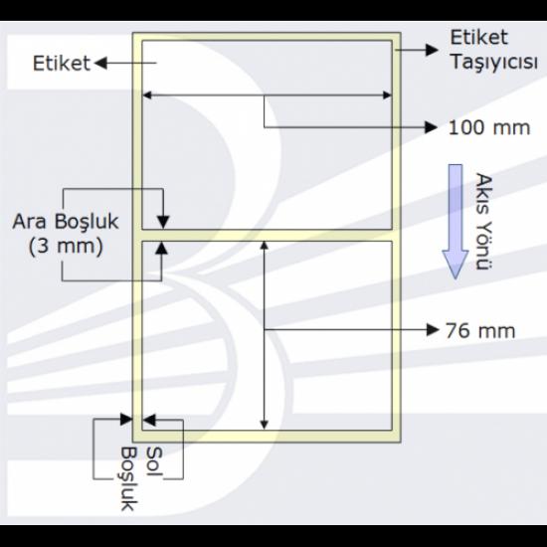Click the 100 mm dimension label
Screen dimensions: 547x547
coord(489,127)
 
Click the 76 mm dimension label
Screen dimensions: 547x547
coord(480,330)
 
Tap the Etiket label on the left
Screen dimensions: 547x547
coord(62,64)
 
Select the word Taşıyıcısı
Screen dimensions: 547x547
coord(494,63)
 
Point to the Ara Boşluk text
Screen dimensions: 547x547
coord(66,222)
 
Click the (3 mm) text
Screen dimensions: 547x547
coord(66,247)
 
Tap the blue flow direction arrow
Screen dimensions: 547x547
coord(456,222)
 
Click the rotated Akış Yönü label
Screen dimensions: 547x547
coord(483,222)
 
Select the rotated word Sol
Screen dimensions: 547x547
coord(154,461)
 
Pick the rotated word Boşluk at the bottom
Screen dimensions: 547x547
coord(129,478)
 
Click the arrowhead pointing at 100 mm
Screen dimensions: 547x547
coord(432,127)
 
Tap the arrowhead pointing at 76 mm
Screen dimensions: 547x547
coord(433,329)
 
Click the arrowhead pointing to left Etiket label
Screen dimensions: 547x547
coord(100,63)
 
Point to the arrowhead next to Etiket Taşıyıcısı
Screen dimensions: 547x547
coord(432,50)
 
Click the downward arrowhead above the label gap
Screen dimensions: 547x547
coord(163,222)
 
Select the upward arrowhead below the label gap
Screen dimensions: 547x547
coord(161,248)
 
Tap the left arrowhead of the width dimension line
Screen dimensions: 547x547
coord(147,94)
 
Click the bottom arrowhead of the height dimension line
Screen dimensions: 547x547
coord(265,425)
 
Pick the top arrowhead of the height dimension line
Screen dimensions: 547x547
coord(265,246)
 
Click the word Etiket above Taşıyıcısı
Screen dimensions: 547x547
coord(478,38)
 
